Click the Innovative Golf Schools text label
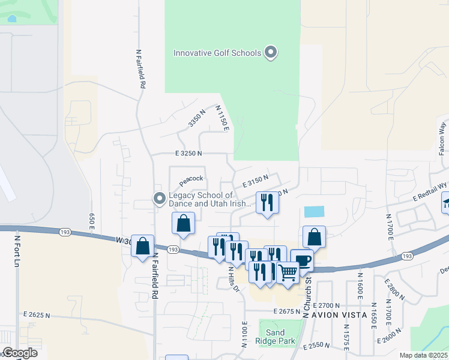(x=217, y=53)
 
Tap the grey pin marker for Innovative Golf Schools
(x=271, y=52)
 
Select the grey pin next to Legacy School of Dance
(x=159, y=198)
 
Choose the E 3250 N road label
(x=189, y=154)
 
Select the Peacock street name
(x=191, y=179)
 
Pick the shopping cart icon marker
(x=288, y=272)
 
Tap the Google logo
(x=19, y=353)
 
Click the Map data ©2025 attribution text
(x=423, y=355)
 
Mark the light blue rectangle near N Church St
(x=314, y=212)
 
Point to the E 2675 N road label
(x=286, y=311)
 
